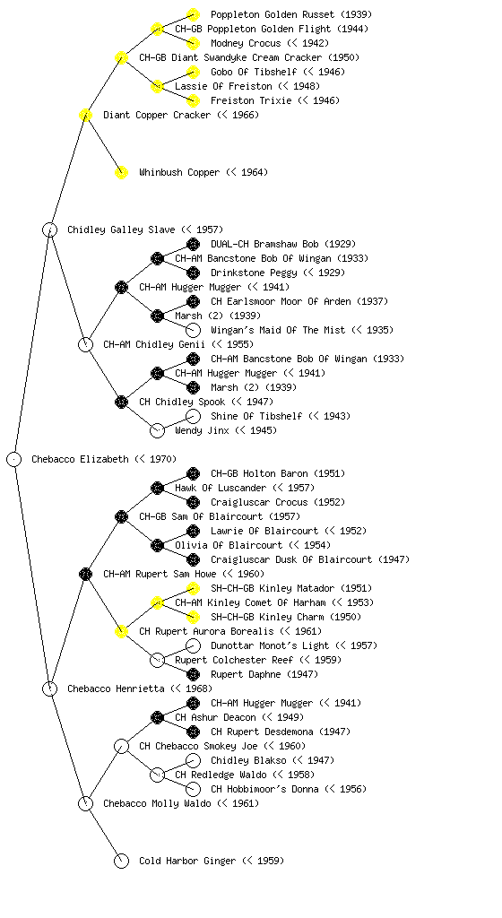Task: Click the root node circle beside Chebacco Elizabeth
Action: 14,459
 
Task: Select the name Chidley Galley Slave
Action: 121,229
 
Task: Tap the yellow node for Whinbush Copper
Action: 121,172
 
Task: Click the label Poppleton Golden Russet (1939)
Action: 291,14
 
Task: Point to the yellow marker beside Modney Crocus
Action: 193,43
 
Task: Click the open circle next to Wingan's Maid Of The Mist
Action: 193,330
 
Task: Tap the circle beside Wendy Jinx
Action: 157,430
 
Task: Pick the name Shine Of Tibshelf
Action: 256,416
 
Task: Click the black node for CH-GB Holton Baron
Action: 193,473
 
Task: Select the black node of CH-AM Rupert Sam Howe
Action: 85,574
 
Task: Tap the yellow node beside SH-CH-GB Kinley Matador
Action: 193,588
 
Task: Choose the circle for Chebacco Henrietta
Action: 49,688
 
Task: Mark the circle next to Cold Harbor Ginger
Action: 121,861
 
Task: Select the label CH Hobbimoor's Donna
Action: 264,789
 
